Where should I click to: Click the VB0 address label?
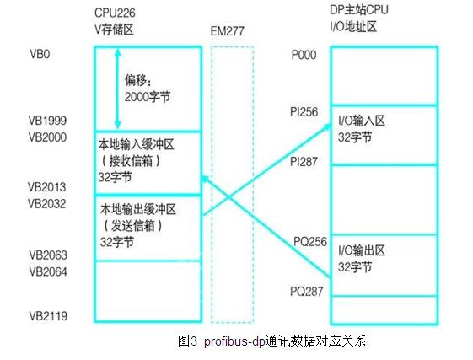tap(40, 54)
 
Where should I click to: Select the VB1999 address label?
tap(47, 121)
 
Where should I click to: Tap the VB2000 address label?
tap(47, 137)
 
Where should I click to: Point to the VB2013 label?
tap(46, 187)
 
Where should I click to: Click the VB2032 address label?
tap(46, 204)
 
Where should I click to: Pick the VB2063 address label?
tap(48, 255)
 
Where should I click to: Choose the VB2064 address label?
tap(48, 271)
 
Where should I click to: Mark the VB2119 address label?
tap(48, 316)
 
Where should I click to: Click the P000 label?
tap(304, 55)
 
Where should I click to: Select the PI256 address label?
tap(304, 112)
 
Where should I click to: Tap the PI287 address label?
tap(304, 162)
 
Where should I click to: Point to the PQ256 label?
tap(310, 242)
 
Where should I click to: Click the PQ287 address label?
tap(307, 292)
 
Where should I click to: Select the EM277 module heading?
tap(227, 31)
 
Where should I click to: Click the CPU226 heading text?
tap(115, 13)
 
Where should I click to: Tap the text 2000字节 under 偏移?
tap(148, 97)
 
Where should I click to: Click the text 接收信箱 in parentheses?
tap(132, 161)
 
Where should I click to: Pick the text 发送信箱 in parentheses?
tap(133, 225)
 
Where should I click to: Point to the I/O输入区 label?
tap(362, 121)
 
